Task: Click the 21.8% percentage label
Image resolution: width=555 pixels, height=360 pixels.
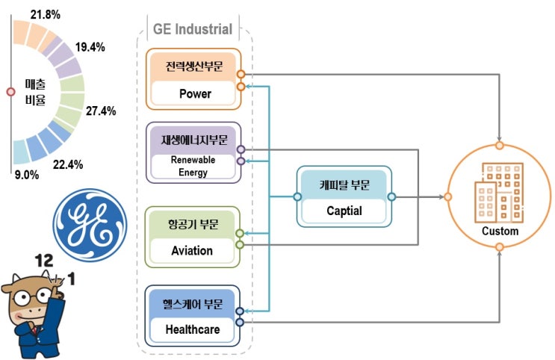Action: [46, 13]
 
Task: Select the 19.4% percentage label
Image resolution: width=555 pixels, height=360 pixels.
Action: [90, 47]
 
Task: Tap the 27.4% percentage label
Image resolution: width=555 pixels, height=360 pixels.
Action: [101, 111]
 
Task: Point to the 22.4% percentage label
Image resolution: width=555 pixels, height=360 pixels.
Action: [68, 164]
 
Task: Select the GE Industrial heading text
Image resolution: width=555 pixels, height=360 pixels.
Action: [193, 30]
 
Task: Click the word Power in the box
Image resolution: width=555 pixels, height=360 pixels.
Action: [195, 94]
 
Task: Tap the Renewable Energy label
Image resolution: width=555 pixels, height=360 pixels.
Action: [193, 167]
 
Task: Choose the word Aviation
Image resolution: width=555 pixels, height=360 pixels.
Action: [192, 251]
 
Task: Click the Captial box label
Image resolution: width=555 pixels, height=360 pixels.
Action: [344, 211]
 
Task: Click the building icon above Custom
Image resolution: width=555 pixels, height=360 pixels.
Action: [498, 190]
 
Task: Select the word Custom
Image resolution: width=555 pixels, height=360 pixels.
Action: [500, 231]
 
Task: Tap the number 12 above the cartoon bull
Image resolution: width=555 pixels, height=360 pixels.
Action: [46, 261]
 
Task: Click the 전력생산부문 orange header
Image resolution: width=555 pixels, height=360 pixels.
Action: [194, 66]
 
